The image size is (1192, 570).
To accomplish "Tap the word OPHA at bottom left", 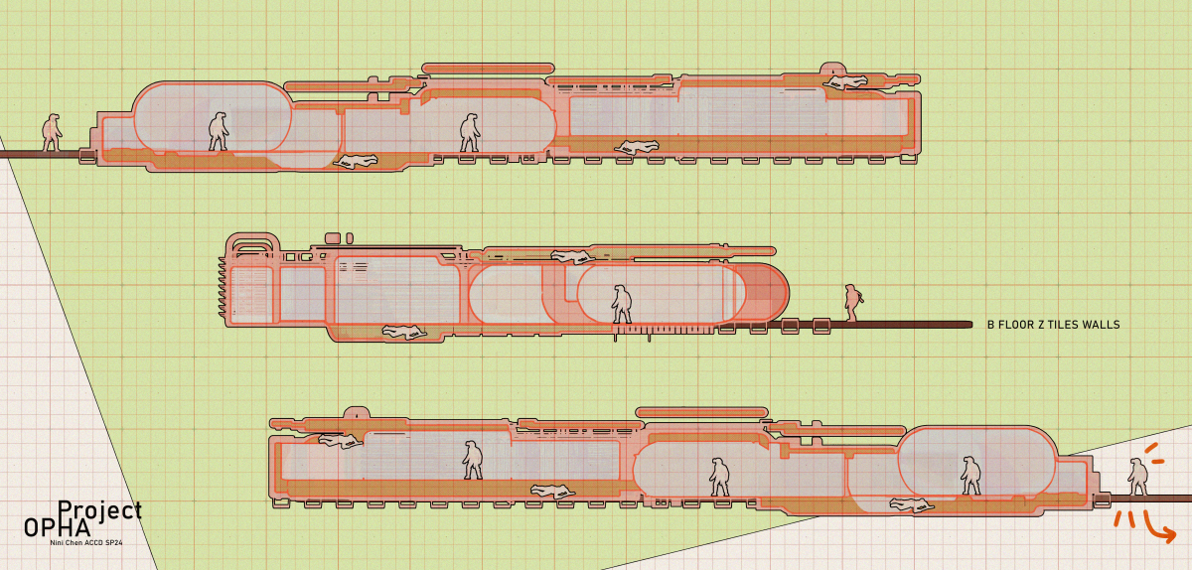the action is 58,528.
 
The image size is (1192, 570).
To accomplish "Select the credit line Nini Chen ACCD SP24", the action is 86,543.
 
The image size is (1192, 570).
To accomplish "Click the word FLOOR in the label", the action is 1016,325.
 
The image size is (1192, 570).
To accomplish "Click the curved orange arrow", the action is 1159,528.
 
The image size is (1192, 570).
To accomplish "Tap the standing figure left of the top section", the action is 52,132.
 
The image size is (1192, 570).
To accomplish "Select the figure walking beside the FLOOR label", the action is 853,303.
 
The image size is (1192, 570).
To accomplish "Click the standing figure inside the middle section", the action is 621,304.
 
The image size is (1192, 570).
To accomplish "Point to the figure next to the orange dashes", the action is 1137,478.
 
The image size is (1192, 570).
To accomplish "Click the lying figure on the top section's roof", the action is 845,82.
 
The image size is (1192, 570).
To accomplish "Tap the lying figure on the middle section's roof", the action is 572,257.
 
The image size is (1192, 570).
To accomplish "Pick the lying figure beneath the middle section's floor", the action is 404,332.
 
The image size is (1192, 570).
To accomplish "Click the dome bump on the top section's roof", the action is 833,69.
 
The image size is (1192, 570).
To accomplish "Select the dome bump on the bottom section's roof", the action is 357,413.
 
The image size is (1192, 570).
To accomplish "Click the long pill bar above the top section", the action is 488,69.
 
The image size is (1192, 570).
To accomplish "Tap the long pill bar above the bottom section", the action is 702,412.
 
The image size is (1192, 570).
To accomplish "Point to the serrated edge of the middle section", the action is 223,287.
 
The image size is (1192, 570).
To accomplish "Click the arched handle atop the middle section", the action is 252,245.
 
